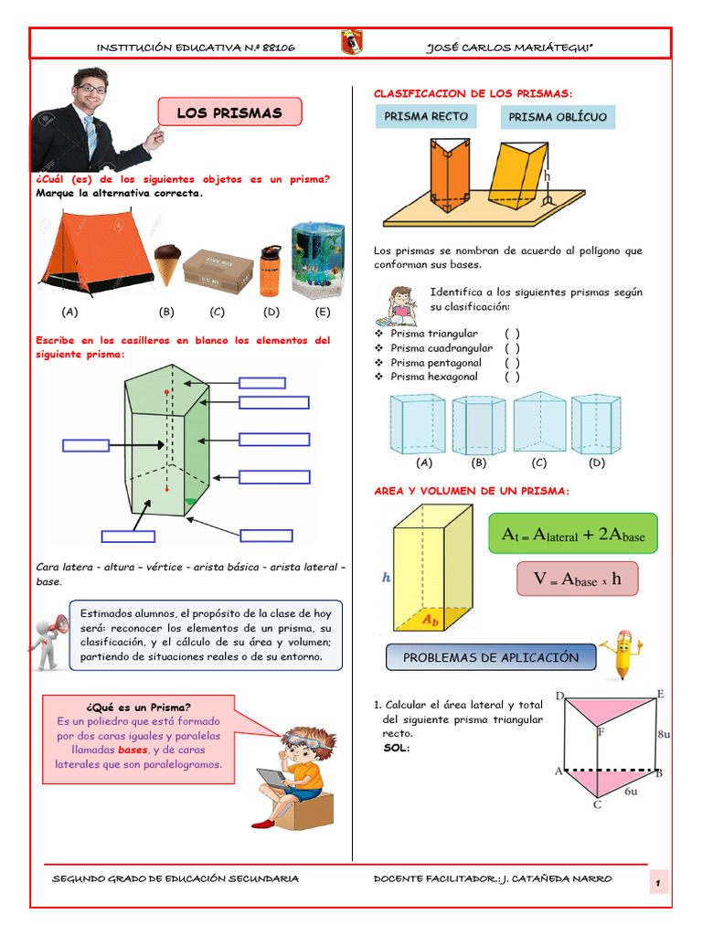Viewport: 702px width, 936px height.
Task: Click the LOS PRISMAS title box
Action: click(x=229, y=113)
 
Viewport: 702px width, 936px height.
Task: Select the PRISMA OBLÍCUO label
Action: click(x=558, y=118)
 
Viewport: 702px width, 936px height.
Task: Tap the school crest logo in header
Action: click(x=351, y=43)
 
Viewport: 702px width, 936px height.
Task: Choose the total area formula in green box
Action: click(x=573, y=535)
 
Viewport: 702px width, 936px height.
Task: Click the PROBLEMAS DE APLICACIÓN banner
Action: click(x=491, y=657)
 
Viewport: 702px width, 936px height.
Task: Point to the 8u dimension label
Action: click(x=665, y=733)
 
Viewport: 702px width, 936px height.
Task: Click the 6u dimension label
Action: click(x=631, y=792)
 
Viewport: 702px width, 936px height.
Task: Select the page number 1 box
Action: click(x=657, y=882)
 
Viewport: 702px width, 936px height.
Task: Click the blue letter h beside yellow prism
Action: click(x=386, y=578)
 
